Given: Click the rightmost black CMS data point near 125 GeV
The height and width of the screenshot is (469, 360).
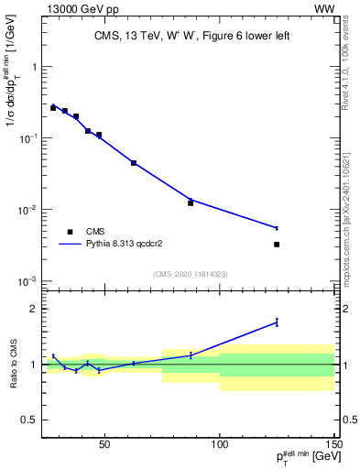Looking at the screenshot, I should tap(277, 245).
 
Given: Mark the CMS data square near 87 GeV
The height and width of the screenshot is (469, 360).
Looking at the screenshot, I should tap(191, 202).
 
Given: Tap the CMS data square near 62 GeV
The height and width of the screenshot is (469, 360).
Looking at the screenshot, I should tap(134, 163).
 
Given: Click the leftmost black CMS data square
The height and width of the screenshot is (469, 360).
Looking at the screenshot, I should tap(53, 107).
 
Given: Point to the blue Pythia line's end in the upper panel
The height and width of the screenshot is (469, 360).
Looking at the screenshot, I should tap(277, 228).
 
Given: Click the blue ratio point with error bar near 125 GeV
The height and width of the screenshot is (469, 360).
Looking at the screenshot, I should tap(277, 322).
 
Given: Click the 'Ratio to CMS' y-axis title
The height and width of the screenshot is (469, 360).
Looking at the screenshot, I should tap(12, 366).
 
